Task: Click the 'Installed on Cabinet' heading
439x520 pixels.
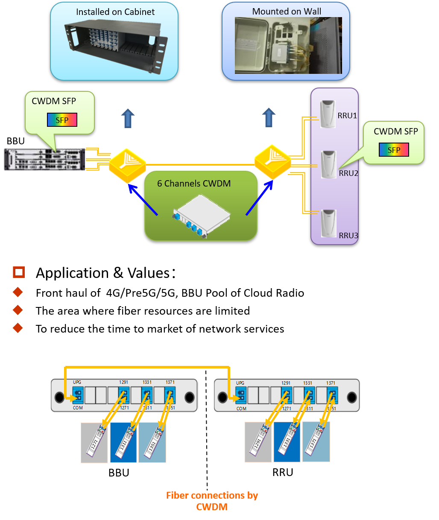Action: pos(115,12)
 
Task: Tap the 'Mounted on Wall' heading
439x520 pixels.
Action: pos(287,12)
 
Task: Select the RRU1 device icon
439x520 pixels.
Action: pos(328,114)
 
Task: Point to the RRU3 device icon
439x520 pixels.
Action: pos(328,223)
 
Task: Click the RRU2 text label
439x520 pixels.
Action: pos(348,173)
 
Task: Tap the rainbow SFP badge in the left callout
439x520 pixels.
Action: pos(62,120)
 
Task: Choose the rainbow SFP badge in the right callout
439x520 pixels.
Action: pos(394,150)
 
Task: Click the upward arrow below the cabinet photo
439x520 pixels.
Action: pos(128,118)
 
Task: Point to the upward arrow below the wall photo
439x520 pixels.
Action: pos(269,117)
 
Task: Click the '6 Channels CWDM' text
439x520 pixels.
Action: pos(194,184)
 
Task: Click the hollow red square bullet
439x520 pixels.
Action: pos(19,272)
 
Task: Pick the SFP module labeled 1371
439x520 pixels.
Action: pos(316,442)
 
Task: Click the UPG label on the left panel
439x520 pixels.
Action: pos(77,383)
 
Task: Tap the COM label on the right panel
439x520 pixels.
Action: pos(241,409)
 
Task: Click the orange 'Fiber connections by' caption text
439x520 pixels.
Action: pos(212,495)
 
